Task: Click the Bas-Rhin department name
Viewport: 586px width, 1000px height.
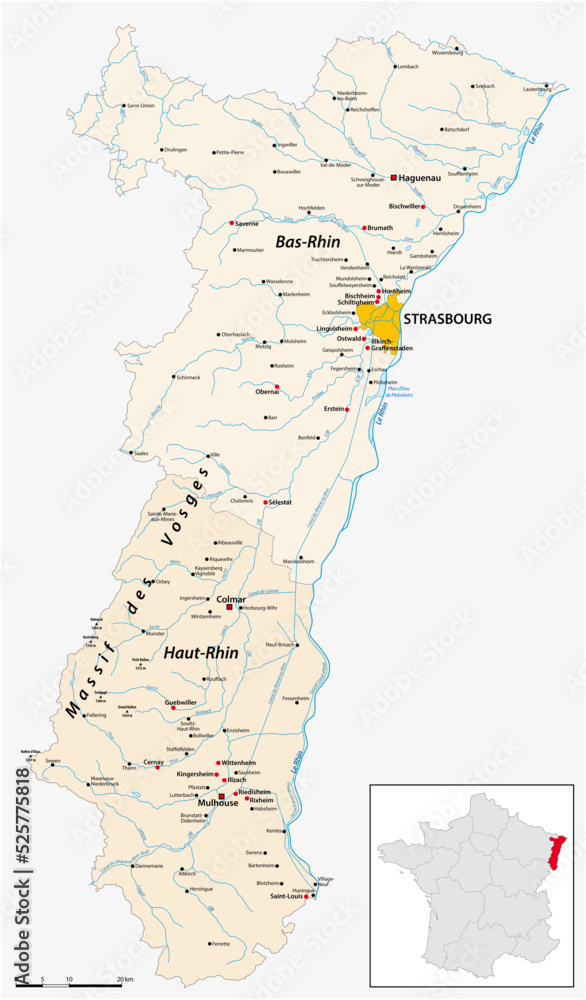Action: click(307, 242)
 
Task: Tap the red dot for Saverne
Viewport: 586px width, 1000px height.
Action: click(231, 223)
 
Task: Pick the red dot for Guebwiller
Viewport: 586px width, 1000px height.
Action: click(173, 708)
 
